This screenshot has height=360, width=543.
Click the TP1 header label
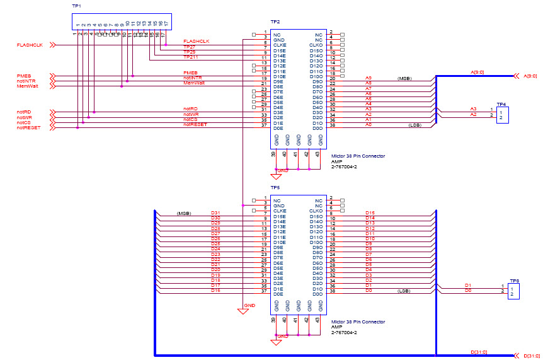point(77,6)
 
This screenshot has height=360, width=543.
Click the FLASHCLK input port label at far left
point(29,45)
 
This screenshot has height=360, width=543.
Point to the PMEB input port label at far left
point(23,76)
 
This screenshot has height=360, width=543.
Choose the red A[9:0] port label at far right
point(530,76)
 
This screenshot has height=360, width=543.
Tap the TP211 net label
point(190,57)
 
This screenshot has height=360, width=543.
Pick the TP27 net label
point(189,47)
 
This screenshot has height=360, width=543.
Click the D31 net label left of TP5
point(215,213)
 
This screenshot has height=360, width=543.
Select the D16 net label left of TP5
point(215,290)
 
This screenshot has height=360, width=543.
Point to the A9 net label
point(369,78)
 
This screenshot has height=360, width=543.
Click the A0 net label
point(369,124)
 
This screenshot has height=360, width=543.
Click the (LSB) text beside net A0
point(414,125)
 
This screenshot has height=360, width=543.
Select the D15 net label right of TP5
point(370,213)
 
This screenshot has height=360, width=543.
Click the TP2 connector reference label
point(275,22)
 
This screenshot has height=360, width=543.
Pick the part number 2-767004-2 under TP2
point(344,166)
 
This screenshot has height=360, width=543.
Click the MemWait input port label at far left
point(27,86)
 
